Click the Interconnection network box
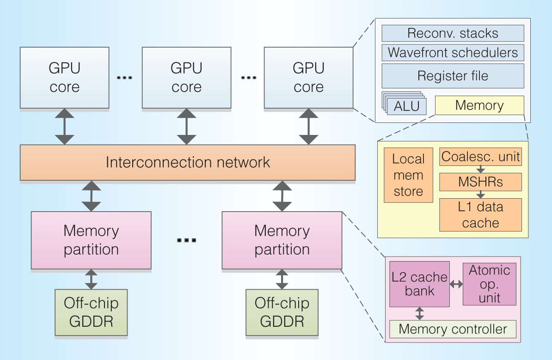187,162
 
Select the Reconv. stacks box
453,33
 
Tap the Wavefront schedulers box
453,52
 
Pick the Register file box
453,76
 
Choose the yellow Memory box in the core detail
479,105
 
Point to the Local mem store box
408,175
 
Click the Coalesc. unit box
480,157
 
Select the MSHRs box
480,182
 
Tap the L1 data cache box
480,215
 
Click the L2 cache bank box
419,284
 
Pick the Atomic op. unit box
489,284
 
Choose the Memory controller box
453,329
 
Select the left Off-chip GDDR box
91,312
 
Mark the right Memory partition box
282,240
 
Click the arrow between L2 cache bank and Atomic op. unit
456,285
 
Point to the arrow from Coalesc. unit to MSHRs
481,169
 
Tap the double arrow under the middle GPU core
186,126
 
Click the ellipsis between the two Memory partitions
186,240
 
